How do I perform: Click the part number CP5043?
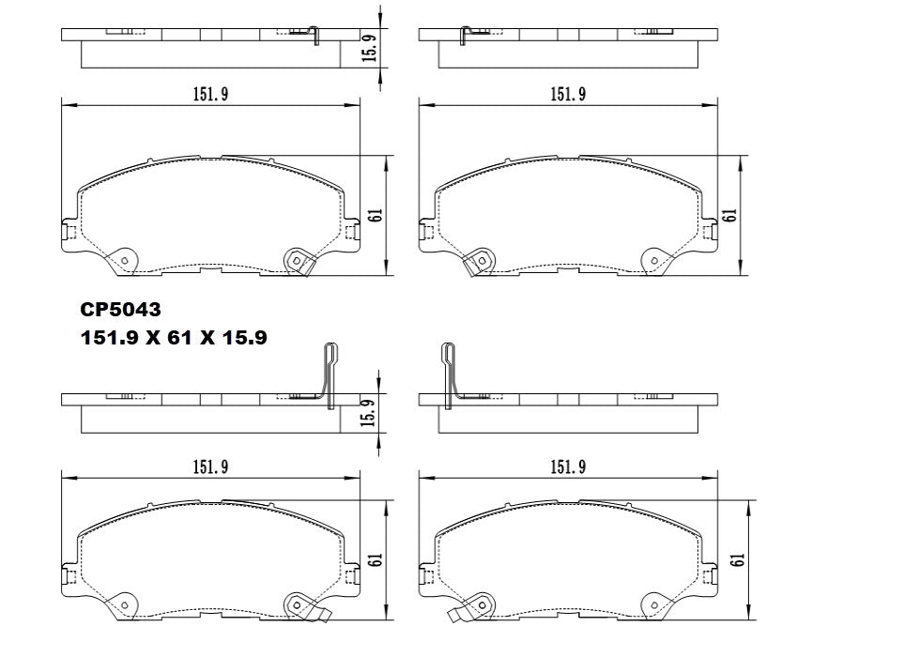click(121, 309)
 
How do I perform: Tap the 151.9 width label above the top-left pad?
click(210, 94)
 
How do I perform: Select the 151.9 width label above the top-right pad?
click(568, 94)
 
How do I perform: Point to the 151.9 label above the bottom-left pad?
click(210, 466)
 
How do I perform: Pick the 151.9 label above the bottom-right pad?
click(568, 466)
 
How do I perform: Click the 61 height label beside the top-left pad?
click(375, 216)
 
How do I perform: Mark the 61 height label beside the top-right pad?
click(729, 215)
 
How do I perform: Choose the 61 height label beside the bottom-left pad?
click(375, 559)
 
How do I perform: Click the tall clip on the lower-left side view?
click(329, 375)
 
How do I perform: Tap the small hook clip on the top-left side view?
click(316, 35)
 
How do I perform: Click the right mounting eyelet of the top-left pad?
click(298, 261)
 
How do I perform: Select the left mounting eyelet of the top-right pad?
click(478, 261)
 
